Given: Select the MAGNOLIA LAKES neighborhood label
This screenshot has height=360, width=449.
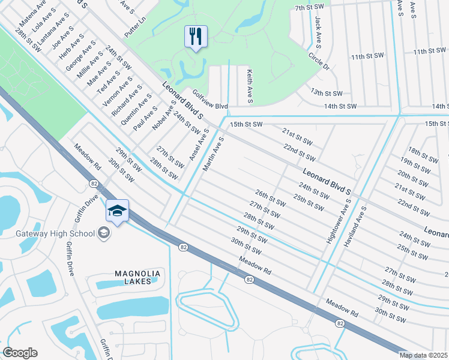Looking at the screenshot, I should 137,278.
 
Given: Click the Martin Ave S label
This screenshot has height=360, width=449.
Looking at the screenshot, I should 213,154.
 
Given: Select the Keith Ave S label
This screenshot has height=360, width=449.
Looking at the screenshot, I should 248,85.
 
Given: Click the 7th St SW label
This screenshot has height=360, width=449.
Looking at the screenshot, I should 309,8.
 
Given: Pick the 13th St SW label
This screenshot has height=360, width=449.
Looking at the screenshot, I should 326,93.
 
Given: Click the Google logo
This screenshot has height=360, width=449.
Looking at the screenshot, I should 20,353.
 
